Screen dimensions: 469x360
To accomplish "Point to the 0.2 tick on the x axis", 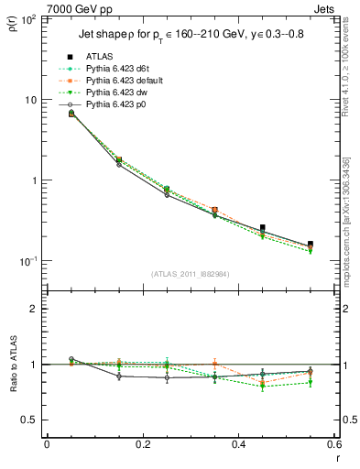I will coord(143,444).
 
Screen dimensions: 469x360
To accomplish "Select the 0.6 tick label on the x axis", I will coord(334,444).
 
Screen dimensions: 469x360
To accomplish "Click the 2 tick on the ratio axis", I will coord(35,309).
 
